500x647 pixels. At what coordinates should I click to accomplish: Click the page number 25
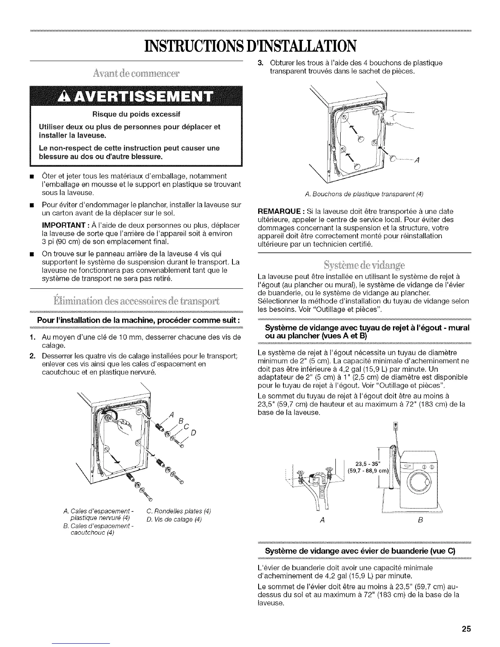(466, 629)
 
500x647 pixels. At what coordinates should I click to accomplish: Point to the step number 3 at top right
(259, 63)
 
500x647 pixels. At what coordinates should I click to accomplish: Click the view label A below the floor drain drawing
(322, 521)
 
